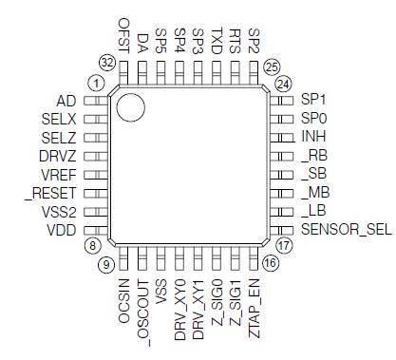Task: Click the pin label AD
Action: tap(66, 99)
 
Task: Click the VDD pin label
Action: tap(62, 230)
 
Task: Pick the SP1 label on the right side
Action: tap(313, 99)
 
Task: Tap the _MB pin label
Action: tap(314, 193)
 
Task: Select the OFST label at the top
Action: tap(123, 36)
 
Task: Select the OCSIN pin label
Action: tap(123, 301)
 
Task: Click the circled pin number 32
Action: tap(107, 62)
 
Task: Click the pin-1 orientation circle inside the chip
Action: tap(130, 106)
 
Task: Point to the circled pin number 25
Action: tap(272, 66)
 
